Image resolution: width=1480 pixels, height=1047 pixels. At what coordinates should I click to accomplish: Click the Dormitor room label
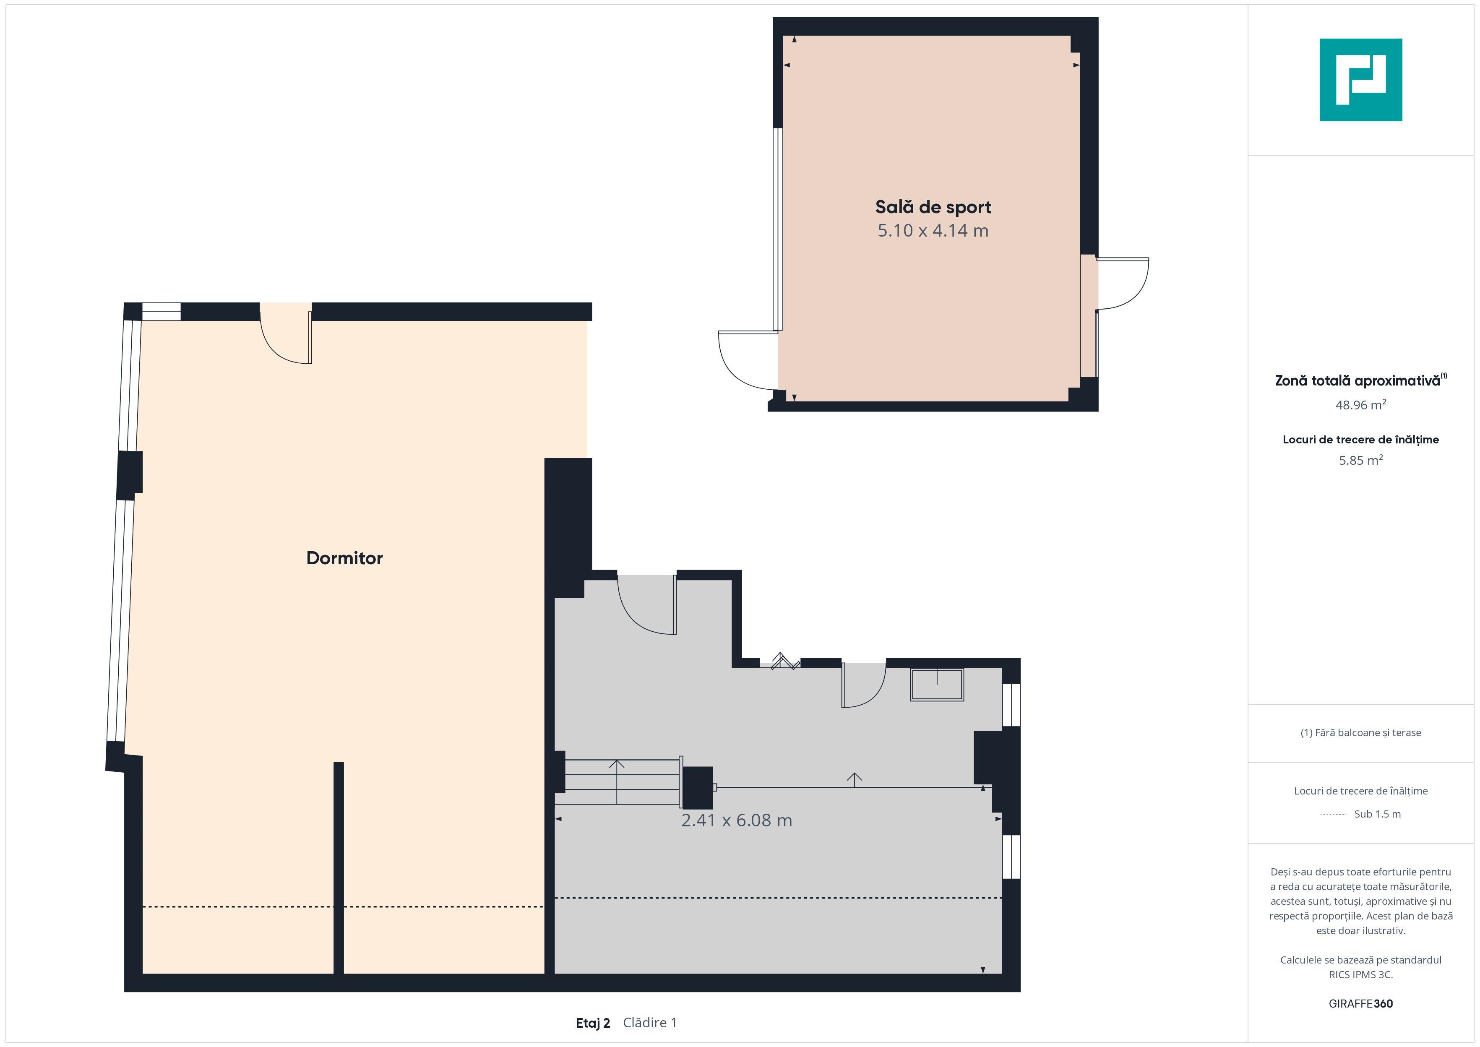coord(344,558)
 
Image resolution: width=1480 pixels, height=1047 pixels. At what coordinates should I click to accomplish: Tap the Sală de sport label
coord(933,207)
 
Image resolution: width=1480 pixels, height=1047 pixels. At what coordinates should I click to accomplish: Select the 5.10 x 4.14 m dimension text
coord(933,230)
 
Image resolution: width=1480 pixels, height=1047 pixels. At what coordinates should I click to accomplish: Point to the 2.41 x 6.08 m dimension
coord(737,820)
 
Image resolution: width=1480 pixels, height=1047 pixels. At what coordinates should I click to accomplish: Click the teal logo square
coord(1361,80)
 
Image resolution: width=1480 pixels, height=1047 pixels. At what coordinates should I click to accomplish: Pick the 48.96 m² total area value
coord(1361,405)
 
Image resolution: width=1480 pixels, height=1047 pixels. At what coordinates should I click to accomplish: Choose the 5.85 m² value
coord(1361,460)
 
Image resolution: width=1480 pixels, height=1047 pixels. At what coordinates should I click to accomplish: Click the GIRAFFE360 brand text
coord(1361,1004)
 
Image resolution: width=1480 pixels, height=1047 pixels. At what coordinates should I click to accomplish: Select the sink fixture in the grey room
coord(937,685)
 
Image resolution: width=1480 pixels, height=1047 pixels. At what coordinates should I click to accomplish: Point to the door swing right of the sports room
coord(1122,284)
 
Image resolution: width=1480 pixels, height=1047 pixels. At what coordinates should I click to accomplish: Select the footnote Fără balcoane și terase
coord(1361,732)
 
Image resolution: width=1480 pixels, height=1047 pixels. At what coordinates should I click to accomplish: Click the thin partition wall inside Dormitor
coord(339,868)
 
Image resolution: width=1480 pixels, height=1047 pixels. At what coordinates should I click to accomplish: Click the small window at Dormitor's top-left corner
coord(161,311)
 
